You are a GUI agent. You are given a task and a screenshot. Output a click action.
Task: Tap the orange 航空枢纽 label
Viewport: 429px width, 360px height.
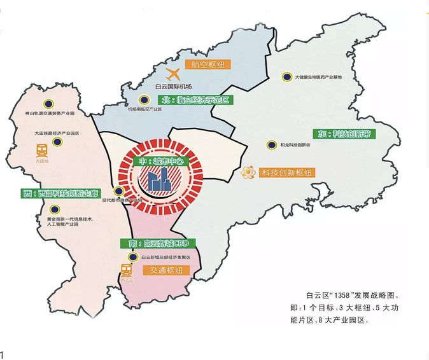(x=206, y=64)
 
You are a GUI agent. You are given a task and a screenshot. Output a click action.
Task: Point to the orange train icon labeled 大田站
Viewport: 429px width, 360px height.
(x=43, y=151)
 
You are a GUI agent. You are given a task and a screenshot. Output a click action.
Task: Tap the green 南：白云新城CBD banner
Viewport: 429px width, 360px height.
(x=155, y=244)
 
